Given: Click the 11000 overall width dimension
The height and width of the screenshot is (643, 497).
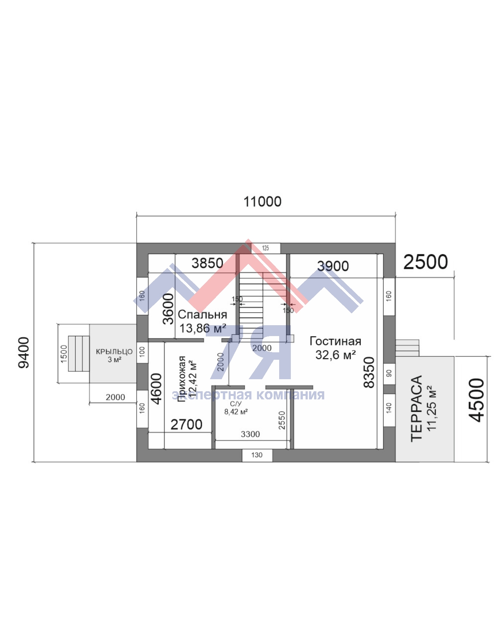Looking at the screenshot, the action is [262, 202].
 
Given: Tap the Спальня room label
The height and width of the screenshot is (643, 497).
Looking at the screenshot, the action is [202, 314].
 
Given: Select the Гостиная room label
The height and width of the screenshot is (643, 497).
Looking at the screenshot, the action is [335, 341].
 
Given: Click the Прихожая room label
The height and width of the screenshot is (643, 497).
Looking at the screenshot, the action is [182, 379].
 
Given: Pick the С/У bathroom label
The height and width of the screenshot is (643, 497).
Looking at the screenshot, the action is [236, 404].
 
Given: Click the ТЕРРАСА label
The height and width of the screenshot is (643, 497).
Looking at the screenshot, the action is [416, 409].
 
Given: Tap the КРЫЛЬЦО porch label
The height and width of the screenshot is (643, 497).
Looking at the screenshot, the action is [114, 352].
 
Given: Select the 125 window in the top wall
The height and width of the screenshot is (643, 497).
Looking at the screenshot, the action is [266, 248].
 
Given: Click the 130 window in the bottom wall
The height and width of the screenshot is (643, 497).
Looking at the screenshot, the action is [257, 455].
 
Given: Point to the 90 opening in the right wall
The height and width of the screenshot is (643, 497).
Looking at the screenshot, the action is [389, 373].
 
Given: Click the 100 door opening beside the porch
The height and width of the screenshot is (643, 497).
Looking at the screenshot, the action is [142, 352].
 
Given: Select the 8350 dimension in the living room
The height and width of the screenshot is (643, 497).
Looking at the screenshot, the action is [369, 372].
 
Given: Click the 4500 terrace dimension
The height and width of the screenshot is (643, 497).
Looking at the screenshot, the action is [476, 400].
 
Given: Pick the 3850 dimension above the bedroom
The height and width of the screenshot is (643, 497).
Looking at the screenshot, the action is [207, 263].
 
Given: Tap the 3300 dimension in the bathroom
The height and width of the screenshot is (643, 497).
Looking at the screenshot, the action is [250, 434].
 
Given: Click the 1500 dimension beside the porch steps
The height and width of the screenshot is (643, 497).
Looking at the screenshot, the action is [64, 354].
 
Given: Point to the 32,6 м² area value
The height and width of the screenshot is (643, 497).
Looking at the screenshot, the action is [335, 355].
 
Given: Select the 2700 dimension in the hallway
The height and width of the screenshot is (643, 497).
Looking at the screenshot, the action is [186, 425].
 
